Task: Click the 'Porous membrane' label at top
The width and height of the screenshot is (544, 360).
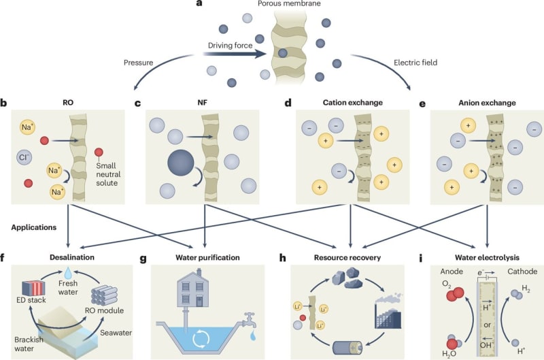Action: pyautogui.click(x=288, y=5)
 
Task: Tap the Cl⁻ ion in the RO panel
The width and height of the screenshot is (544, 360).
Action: pyautogui.click(x=25, y=158)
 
